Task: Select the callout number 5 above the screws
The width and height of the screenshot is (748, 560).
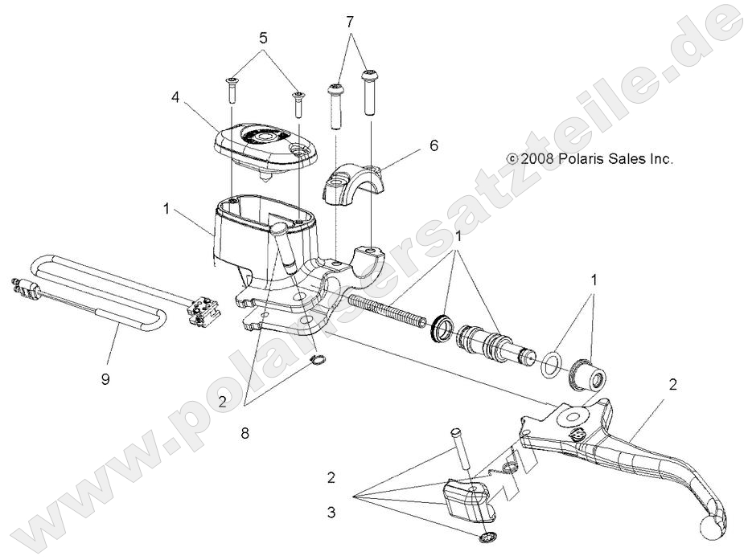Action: coord(262,38)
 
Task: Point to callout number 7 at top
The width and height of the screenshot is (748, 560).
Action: coord(350,22)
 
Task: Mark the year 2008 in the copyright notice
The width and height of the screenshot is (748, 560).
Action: coord(536,159)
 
